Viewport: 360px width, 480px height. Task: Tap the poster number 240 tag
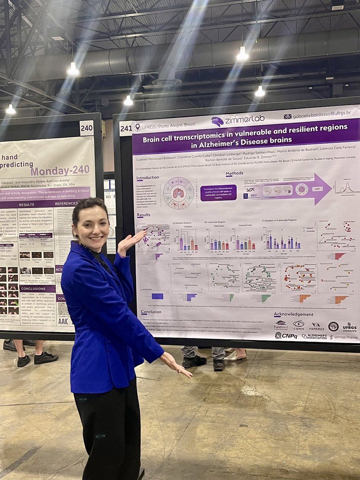click(86, 128)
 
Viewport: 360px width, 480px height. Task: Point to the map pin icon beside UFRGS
click(138, 127)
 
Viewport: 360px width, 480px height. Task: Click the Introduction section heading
click(147, 178)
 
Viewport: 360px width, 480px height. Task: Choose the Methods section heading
click(234, 174)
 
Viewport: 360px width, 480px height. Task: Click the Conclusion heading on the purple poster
click(151, 312)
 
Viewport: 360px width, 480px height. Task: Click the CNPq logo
click(286, 336)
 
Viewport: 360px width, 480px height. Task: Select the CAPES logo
click(298, 325)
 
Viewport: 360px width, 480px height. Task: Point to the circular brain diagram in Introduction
click(178, 193)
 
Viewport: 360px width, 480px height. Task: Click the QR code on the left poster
click(63, 309)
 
